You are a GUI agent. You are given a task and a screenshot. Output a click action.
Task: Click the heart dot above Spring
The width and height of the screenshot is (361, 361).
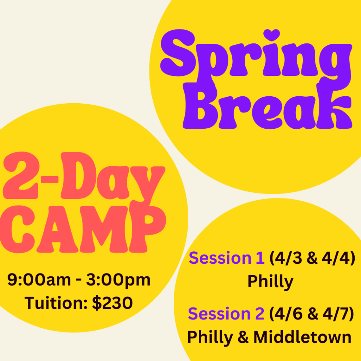pos(272,35)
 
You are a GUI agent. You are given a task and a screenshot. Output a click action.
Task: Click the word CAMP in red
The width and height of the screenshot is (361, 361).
pos(83,229)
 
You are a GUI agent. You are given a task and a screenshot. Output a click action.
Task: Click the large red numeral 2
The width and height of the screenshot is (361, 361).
pos(21,175)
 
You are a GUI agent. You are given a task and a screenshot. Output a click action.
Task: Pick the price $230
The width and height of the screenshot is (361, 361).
pos(112,303)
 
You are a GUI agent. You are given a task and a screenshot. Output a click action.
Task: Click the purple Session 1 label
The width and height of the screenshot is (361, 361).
pos(227,258)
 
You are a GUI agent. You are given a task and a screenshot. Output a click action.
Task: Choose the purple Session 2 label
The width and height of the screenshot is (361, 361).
pos(226,313)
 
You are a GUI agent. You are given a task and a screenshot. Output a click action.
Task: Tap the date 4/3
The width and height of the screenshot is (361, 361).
pos(288,258)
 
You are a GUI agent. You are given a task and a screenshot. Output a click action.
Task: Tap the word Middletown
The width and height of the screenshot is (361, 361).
pos(302,337)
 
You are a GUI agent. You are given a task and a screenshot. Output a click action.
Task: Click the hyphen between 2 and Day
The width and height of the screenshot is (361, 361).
pos(49,179)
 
